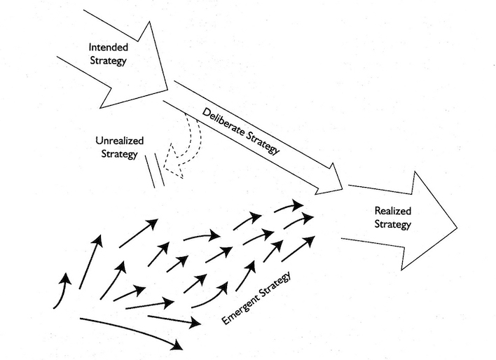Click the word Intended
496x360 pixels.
coord(109,47)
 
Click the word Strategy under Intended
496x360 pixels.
coord(108,61)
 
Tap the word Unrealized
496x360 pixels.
coord(120,141)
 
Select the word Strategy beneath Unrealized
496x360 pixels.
coord(119,154)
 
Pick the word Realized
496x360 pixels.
coord(393,211)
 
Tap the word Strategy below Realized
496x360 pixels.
coord(393,224)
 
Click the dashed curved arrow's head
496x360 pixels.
coord(173,160)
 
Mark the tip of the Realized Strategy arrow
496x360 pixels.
coord(457,227)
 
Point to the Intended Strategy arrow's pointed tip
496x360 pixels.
coord(167,90)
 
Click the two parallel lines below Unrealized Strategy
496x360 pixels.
coord(155,170)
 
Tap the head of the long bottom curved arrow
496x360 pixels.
coord(177,345)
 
